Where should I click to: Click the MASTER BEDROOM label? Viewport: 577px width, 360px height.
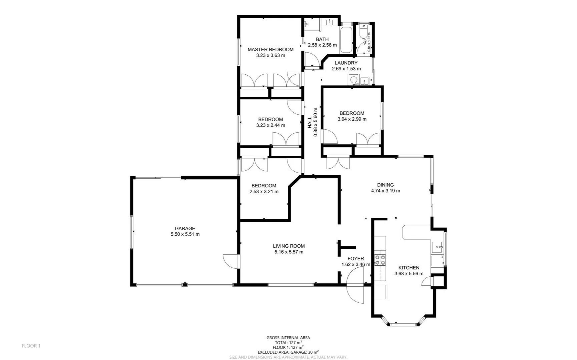tap(270, 50)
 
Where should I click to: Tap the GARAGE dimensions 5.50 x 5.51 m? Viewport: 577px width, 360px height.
tap(185, 234)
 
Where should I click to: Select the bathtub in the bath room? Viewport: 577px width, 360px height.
tap(346, 40)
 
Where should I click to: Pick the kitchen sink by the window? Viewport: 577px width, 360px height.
tap(437, 247)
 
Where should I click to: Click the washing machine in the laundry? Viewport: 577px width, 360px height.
tap(353, 80)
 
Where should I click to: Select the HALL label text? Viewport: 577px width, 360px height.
tap(310, 122)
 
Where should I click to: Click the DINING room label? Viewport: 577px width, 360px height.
tap(385, 185)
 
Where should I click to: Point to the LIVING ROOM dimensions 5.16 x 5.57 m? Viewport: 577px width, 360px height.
tap(289, 252)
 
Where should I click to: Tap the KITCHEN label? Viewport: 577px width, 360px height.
tap(409, 268)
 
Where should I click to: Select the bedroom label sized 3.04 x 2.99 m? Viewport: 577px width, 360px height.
tap(352, 113)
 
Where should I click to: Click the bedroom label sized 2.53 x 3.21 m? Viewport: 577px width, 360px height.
tap(264, 186)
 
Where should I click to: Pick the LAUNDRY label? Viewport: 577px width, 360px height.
tap(346, 63)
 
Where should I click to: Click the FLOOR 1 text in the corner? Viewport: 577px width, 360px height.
tap(31, 346)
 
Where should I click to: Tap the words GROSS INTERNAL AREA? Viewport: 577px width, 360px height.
tap(288, 338)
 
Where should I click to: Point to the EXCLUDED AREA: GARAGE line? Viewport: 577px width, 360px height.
tap(288, 352)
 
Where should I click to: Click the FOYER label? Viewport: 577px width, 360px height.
tap(356, 259)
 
